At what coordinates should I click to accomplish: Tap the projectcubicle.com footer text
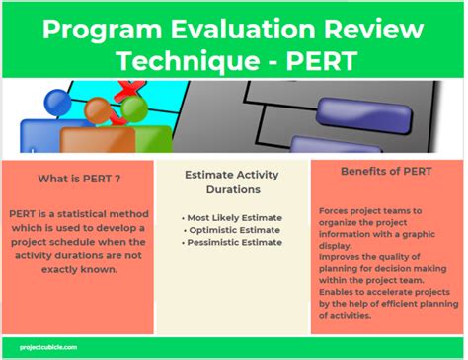coord(50,346)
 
